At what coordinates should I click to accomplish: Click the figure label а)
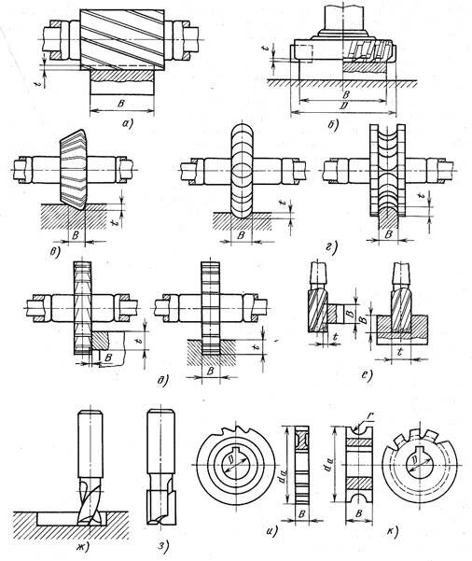[x=127, y=124]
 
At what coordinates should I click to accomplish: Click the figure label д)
[x=162, y=382]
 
